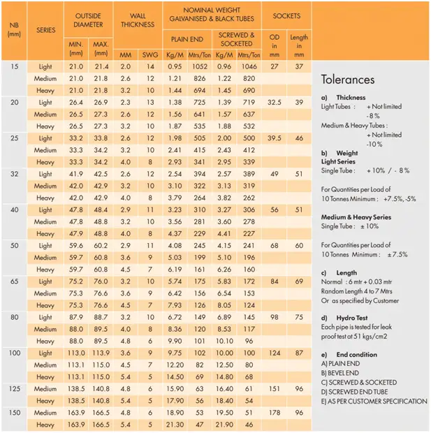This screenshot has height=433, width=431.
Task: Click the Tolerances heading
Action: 348,80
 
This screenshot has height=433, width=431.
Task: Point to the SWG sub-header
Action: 149,53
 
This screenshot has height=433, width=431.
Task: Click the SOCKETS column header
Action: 286,15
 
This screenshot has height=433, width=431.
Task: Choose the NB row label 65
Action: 15,281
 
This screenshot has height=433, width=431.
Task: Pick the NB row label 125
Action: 15,388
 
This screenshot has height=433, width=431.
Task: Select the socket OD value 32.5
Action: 274,102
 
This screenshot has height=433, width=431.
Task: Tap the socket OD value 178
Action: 274,412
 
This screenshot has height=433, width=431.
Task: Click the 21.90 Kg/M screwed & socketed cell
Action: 223,424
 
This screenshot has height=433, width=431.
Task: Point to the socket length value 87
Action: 299,353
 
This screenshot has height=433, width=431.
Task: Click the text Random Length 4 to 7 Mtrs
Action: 360,291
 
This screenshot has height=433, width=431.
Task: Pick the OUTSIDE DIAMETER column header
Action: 89,20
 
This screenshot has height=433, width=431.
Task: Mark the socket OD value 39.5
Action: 274,138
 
